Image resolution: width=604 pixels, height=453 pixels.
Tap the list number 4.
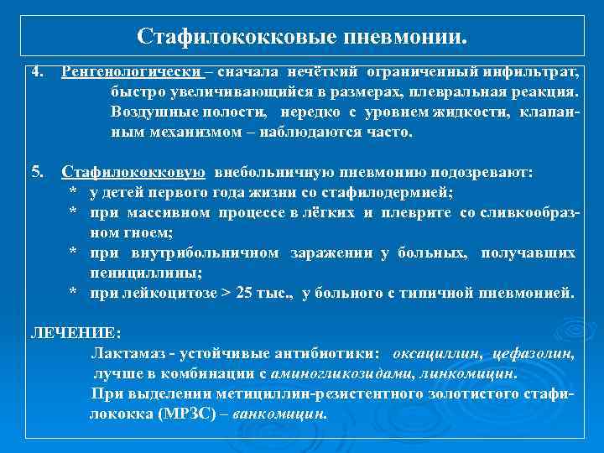click(35, 73)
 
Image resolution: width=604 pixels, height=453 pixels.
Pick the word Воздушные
click(148, 112)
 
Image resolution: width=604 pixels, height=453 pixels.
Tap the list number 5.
click(35, 173)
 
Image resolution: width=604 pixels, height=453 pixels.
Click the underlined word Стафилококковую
click(133, 173)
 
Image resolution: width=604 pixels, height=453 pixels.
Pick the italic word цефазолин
click(532, 353)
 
